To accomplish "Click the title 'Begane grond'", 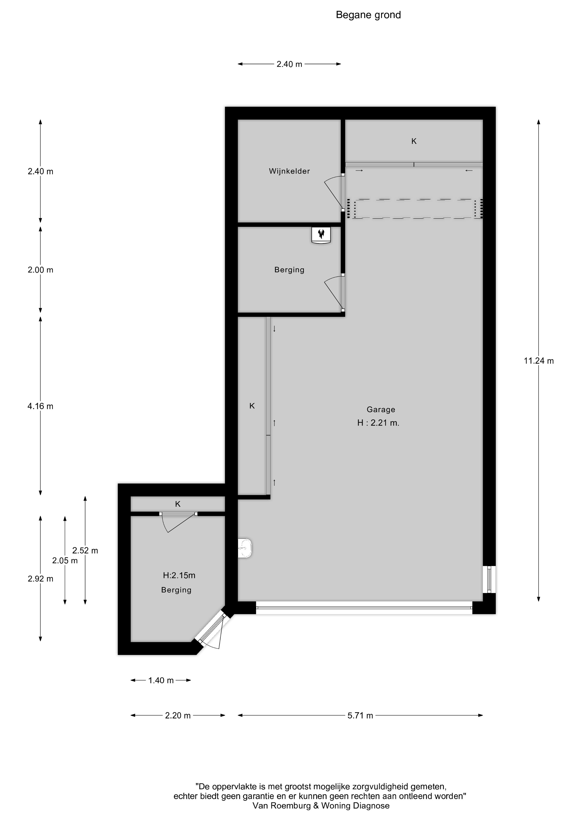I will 368,15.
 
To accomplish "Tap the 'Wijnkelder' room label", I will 289,171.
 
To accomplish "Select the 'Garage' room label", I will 380,410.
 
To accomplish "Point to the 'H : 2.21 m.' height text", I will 378,423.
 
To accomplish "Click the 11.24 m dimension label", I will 538,361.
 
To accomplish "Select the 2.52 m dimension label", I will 85,551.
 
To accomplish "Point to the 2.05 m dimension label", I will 65,561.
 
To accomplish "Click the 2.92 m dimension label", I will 40,579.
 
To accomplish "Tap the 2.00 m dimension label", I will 40,270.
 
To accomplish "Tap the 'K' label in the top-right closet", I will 414,141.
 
